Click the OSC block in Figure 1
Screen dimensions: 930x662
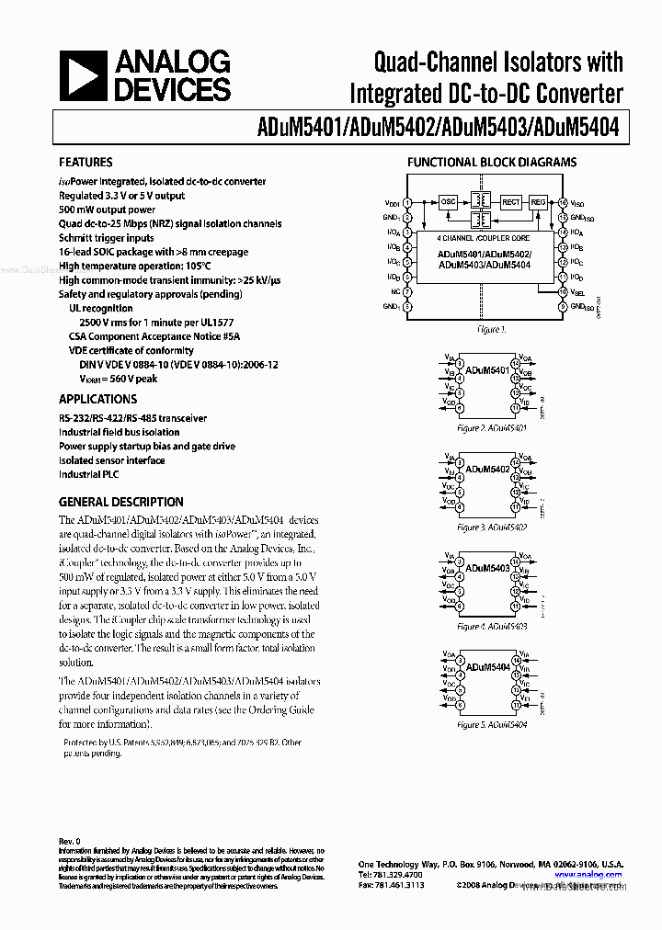448,201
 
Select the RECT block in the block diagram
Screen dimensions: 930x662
511,201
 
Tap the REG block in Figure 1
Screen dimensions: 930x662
539,201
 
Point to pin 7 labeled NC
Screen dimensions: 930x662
407,291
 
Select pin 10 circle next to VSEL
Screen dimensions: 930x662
563,291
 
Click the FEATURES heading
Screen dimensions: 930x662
86,162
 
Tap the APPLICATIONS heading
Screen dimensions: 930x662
97,399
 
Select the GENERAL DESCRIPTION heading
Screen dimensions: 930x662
120,502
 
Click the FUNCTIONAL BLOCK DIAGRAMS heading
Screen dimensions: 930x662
492,162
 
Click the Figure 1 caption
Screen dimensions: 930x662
491,329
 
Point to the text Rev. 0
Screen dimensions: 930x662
70,841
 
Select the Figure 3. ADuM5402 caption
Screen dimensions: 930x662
492,527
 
